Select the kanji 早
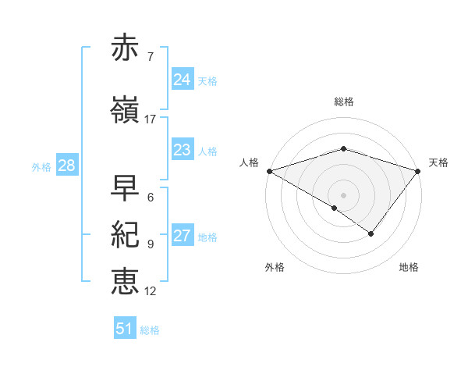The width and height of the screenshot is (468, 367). pyautogui.click(x=126, y=188)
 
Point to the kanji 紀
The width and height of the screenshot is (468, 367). pyautogui.click(x=126, y=234)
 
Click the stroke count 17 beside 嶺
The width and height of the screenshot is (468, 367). pyautogui.click(x=151, y=119)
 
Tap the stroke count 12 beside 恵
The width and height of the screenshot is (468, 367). pyautogui.click(x=151, y=291)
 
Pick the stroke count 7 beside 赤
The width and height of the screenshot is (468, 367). pyautogui.click(x=151, y=57)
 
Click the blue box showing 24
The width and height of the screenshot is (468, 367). pyautogui.click(x=183, y=80)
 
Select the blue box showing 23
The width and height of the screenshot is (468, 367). pyautogui.click(x=183, y=150)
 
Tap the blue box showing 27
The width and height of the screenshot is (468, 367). pyautogui.click(x=183, y=236)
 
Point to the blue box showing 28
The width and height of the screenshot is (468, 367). pyautogui.click(x=66, y=166)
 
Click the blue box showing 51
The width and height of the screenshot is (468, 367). pyautogui.click(x=125, y=329)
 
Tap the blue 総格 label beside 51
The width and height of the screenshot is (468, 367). pyautogui.click(x=151, y=330)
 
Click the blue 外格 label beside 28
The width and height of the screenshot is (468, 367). pyautogui.click(x=41, y=167)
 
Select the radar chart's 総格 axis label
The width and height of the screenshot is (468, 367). pyautogui.click(x=343, y=102)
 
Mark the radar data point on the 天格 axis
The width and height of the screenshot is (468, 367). pyautogui.click(x=419, y=171)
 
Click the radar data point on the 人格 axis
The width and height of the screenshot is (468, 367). pyautogui.click(x=268, y=171)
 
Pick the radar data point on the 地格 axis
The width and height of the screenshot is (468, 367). pyautogui.click(x=371, y=233)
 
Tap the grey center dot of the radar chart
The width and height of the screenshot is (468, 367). pyautogui.click(x=343, y=194)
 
